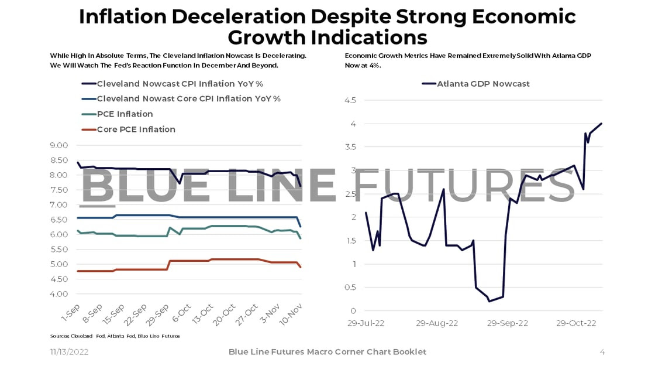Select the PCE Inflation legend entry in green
tap(125, 114)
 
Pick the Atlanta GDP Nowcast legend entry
tap(483, 84)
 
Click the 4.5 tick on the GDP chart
tap(350, 100)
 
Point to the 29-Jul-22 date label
tap(367, 323)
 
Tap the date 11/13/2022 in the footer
tap(69, 352)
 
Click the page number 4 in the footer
tap(602, 352)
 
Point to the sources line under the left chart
tap(115, 336)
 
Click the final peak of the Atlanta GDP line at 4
tap(602, 124)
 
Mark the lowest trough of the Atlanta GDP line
tap(489, 301)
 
